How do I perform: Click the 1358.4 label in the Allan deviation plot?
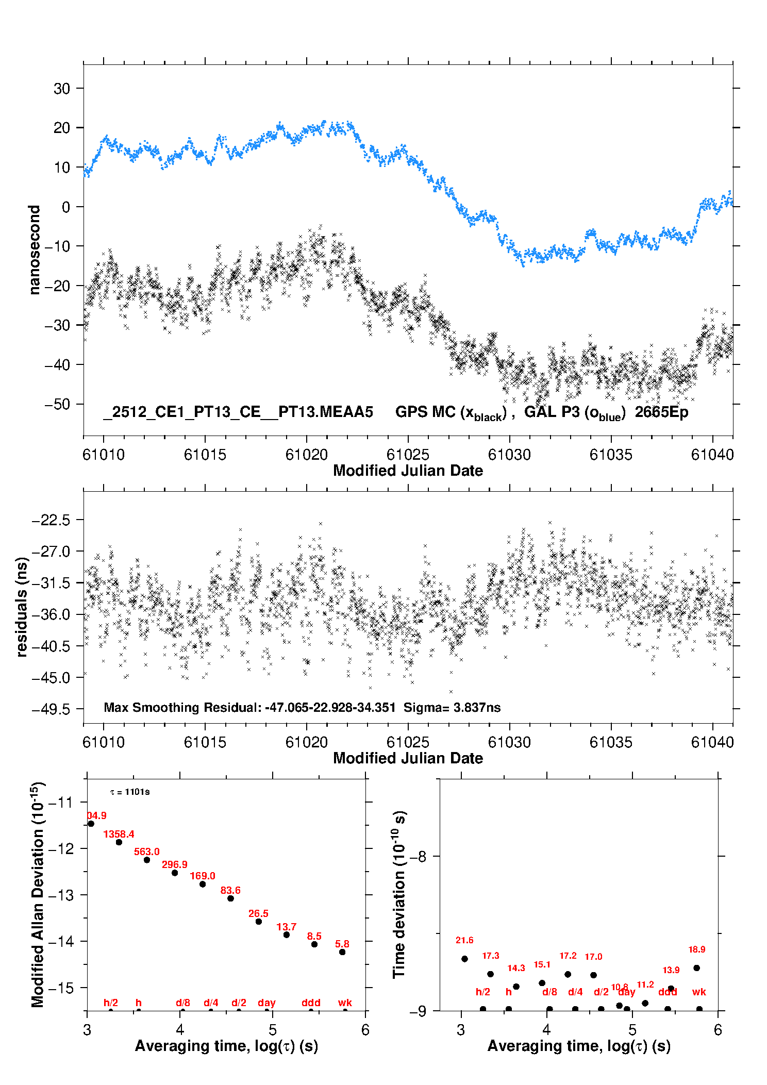click(x=119, y=834)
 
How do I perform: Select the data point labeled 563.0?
click(x=147, y=860)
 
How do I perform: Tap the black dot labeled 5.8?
click(x=342, y=952)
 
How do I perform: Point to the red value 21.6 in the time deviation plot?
click(x=464, y=940)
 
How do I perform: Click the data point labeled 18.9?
click(x=697, y=968)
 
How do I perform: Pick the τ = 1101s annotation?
click(x=130, y=792)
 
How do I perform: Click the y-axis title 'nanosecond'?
click(x=34, y=250)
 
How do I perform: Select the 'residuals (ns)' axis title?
click(x=22, y=607)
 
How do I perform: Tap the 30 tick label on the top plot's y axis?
click(x=62, y=89)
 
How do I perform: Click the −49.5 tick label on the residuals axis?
click(x=51, y=709)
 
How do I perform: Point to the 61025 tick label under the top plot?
click(x=408, y=455)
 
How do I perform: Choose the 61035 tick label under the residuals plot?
click(x=611, y=742)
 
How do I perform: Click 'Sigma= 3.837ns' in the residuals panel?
click(x=452, y=707)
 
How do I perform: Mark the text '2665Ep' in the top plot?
click(x=661, y=412)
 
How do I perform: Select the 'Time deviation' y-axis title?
click(x=399, y=895)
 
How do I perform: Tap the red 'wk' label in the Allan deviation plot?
click(x=345, y=1003)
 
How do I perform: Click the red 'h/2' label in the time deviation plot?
click(x=483, y=992)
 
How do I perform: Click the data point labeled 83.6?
click(x=230, y=898)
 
